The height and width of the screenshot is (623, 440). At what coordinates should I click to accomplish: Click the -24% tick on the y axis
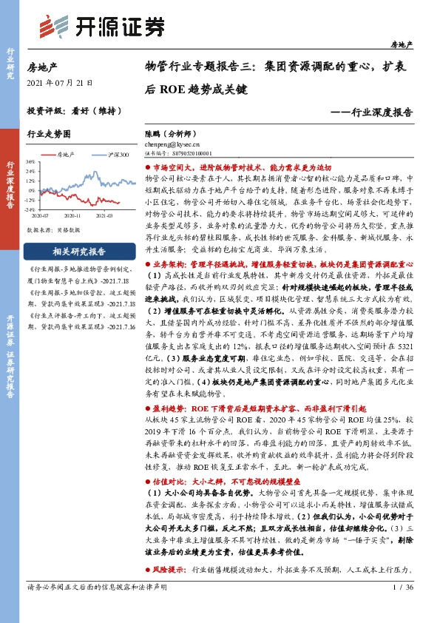pyautogui.click(x=29, y=209)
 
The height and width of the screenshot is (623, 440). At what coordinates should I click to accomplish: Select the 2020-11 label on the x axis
pyautogui.click(x=72, y=215)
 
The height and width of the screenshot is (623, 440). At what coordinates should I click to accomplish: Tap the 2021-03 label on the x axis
pyautogui.click(x=103, y=215)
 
